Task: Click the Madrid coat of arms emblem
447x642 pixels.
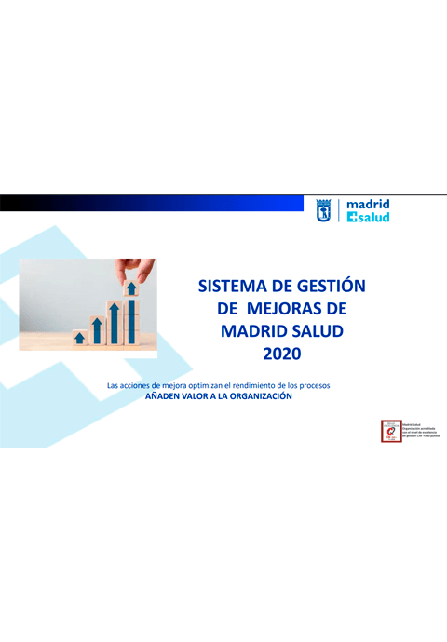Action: (x=323, y=210)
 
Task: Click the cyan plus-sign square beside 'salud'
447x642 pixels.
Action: (x=351, y=218)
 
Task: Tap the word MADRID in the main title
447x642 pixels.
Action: (x=251, y=330)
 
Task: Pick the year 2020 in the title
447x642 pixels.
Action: (x=284, y=354)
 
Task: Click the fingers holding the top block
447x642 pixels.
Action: (x=130, y=269)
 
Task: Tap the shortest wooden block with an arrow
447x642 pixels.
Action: (x=79, y=337)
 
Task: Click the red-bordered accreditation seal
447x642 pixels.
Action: (x=388, y=430)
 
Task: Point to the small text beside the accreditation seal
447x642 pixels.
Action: (x=418, y=429)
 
